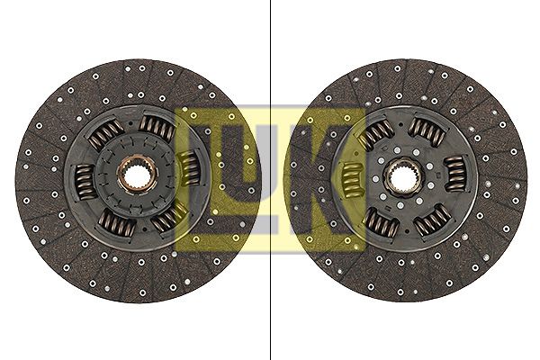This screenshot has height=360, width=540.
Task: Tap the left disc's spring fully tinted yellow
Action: coord(189,167)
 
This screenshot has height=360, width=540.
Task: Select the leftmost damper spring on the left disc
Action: coord(85,182)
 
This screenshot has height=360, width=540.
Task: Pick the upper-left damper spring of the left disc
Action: coord(105,136)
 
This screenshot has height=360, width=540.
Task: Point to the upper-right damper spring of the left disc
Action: coord(157,127)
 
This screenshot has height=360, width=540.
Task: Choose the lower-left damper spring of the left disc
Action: coord(116,223)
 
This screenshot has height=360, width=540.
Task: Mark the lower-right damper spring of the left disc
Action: coord(169,219)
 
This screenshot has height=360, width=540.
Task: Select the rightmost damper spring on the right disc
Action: coord(454,174)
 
